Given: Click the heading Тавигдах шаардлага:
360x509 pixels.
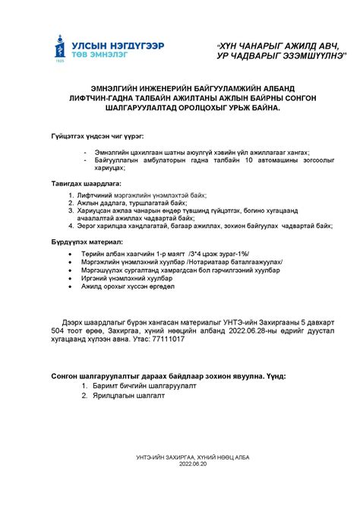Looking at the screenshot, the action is pyautogui.click(x=84, y=184).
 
